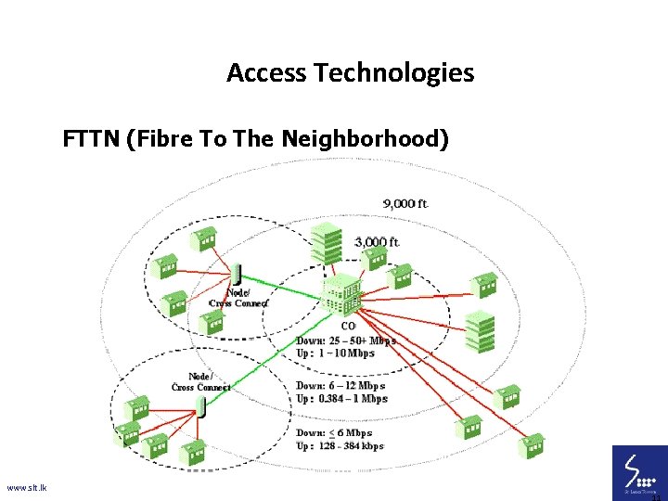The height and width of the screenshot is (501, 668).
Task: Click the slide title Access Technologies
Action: tap(350, 72)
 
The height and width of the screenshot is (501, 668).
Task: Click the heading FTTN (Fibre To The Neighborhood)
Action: tap(256, 139)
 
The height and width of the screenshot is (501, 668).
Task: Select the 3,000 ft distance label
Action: tap(378, 242)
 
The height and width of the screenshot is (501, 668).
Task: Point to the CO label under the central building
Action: tap(348, 326)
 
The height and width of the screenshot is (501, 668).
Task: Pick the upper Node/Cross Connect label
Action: tap(238, 298)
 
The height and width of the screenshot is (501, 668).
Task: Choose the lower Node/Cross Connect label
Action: tap(200, 381)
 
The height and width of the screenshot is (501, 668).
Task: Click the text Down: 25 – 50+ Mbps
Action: tap(345, 340)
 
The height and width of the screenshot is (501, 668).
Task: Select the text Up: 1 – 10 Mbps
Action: tap(335, 353)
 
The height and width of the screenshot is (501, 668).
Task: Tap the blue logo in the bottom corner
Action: tap(638, 472)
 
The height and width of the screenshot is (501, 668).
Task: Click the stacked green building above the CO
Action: tap(326, 245)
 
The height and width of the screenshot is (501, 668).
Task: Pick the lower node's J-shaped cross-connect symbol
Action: tap(200, 406)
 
